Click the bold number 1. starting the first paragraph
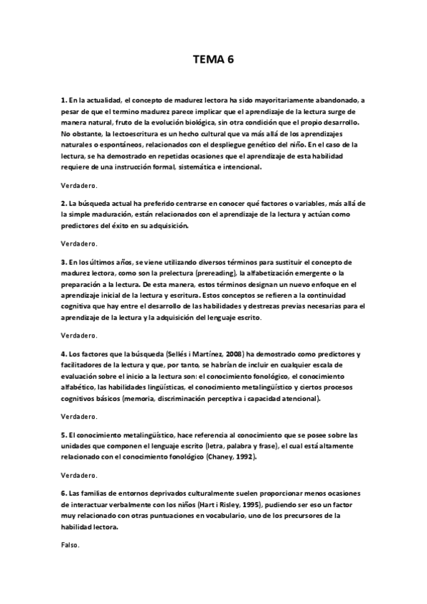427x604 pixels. [x=63, y=101]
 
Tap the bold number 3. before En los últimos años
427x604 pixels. [x=63, y=262]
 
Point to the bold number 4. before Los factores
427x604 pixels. [x=63, y=355]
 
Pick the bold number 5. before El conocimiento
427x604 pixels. [x=63, y=434]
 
